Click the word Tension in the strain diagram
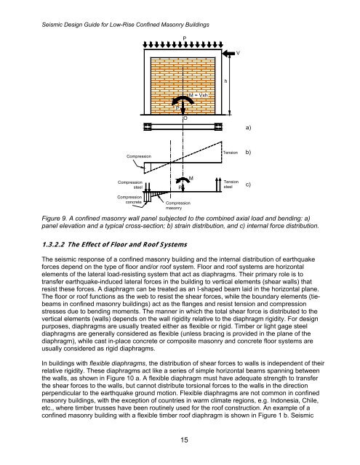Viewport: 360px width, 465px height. [x=231, y=154]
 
